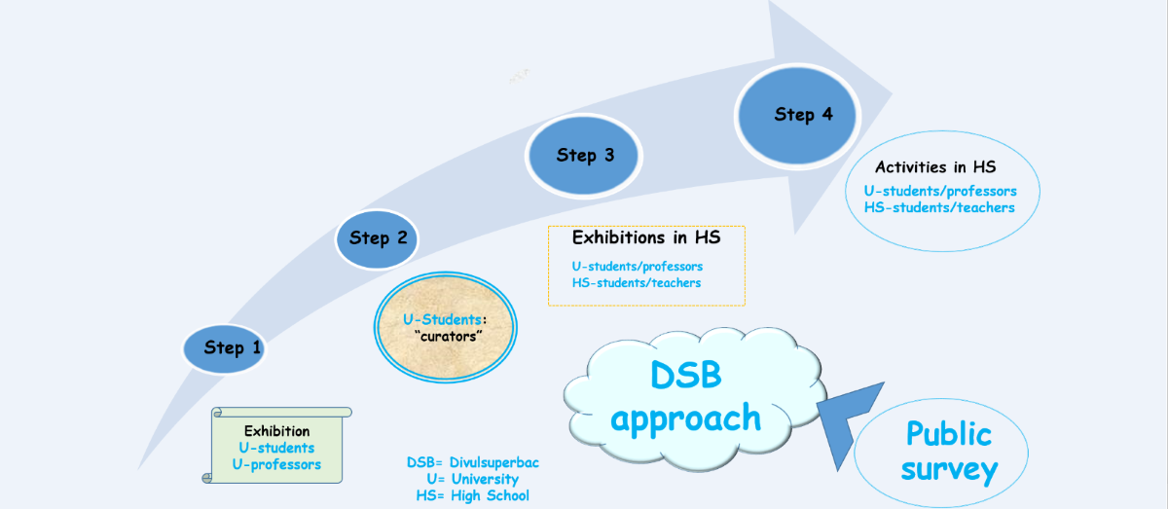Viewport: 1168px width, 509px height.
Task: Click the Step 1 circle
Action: point(224,347)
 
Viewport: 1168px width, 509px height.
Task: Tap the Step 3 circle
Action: point(584,155)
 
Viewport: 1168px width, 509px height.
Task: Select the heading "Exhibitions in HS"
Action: point(645,237)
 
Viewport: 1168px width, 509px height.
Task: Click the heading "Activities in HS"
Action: point(934,167)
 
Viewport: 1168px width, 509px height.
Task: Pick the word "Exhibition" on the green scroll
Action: point(276,431)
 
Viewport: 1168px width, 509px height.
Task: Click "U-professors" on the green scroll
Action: point(276,464)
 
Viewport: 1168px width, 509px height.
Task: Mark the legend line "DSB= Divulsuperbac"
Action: point(472,462)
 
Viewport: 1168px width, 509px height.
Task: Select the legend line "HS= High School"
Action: point(472,495)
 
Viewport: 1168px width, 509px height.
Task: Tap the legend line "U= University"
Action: point(472,479)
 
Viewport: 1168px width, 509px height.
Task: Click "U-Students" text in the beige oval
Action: point(442,319)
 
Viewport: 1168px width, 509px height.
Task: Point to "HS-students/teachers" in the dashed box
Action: point(637,282)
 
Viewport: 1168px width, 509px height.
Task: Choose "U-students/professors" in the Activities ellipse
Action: point(940,191)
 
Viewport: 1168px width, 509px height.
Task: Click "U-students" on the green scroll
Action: point(276,448)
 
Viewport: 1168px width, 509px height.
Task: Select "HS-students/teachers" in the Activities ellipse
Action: point(939,207)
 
